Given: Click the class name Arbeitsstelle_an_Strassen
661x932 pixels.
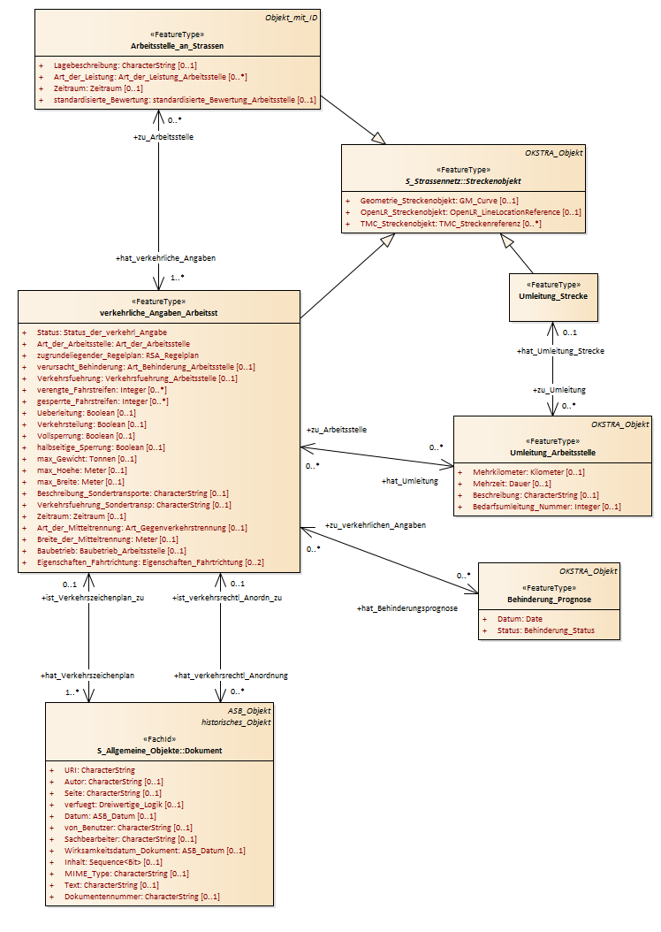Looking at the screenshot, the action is click(177, 46).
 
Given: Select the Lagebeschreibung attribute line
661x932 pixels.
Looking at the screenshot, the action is click(125, 65).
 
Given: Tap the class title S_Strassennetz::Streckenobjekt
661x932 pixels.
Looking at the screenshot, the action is click(463, 181).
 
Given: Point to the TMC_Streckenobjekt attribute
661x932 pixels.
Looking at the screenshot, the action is click(451, 224).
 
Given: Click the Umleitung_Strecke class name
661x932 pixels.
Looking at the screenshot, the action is click(553, 296).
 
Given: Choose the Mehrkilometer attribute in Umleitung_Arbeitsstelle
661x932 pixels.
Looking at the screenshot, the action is click(528, 472).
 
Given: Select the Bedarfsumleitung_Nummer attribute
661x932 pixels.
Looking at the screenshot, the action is click(546, 507).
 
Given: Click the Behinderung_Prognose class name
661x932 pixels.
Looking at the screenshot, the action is click(549, 600).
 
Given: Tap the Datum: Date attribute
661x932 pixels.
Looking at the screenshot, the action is click(520, 619).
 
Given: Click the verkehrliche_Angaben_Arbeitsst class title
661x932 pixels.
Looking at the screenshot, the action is click(158, 313).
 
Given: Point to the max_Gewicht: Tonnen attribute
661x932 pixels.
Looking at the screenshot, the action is click(87, 459).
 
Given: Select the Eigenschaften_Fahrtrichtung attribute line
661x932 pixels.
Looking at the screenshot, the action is click(150, 562).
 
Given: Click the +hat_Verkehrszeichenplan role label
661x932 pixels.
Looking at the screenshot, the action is click(87, 676).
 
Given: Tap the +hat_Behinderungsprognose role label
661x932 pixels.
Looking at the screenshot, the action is click(407, 608).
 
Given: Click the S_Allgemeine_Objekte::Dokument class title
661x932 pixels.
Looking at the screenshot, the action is click(160, 751).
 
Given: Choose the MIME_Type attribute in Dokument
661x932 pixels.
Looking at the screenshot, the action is click(126, 874).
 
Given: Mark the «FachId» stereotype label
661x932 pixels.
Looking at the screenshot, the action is click(160, 739).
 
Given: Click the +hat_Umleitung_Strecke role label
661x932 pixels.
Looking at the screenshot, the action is click(560, 351).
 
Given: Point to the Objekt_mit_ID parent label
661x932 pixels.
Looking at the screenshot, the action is click(291, 17).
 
